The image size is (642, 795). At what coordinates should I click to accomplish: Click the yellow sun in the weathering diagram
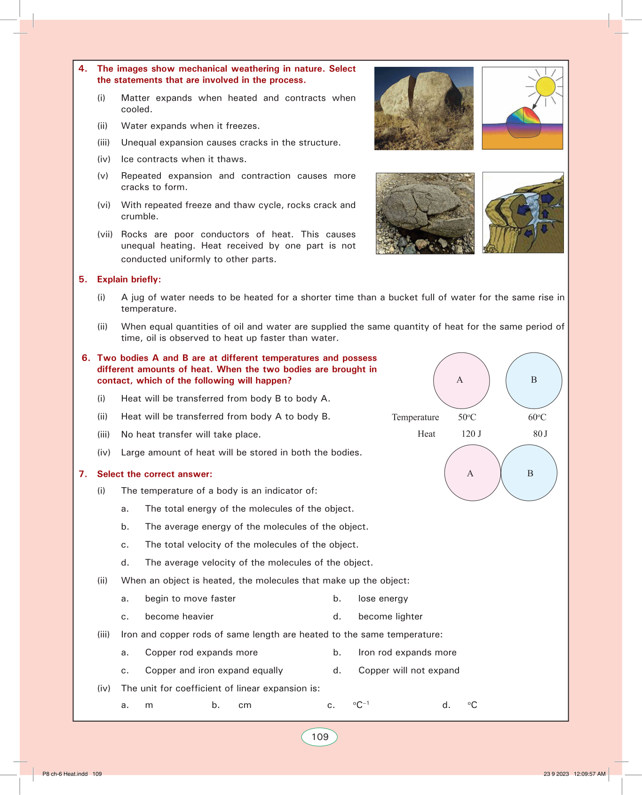point(546,87)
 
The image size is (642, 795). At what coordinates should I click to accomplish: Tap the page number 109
point(320,737)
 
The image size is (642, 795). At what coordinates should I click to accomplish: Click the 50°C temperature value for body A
point(467,417)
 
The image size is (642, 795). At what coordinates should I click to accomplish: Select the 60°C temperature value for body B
point(537,417)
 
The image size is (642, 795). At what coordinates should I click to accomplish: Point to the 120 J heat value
point(471,434)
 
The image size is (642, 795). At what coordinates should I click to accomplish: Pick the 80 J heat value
point(540,434)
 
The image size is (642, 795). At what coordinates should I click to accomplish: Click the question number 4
point(83,69)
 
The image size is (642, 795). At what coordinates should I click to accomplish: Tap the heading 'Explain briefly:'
point(129,280)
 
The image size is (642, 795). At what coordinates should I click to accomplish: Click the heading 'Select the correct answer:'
point(155,474)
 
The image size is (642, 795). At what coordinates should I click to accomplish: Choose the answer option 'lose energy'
point(383,599)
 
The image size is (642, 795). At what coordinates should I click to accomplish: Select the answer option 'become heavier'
point(179,617)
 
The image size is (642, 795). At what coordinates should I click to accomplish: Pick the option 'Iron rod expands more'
point(407,652)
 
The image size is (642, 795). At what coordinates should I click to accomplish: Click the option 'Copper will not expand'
point(409,670)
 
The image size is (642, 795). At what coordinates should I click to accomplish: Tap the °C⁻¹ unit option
point(361,705)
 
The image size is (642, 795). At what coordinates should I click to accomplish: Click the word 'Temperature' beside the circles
point(415,418)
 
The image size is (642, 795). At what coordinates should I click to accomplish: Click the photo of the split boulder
point(424,108)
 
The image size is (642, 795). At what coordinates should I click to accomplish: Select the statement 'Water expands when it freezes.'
point(190,126)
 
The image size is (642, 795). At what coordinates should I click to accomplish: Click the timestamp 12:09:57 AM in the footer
point(589,774)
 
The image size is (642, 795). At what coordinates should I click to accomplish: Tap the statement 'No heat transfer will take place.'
point(191,434)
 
